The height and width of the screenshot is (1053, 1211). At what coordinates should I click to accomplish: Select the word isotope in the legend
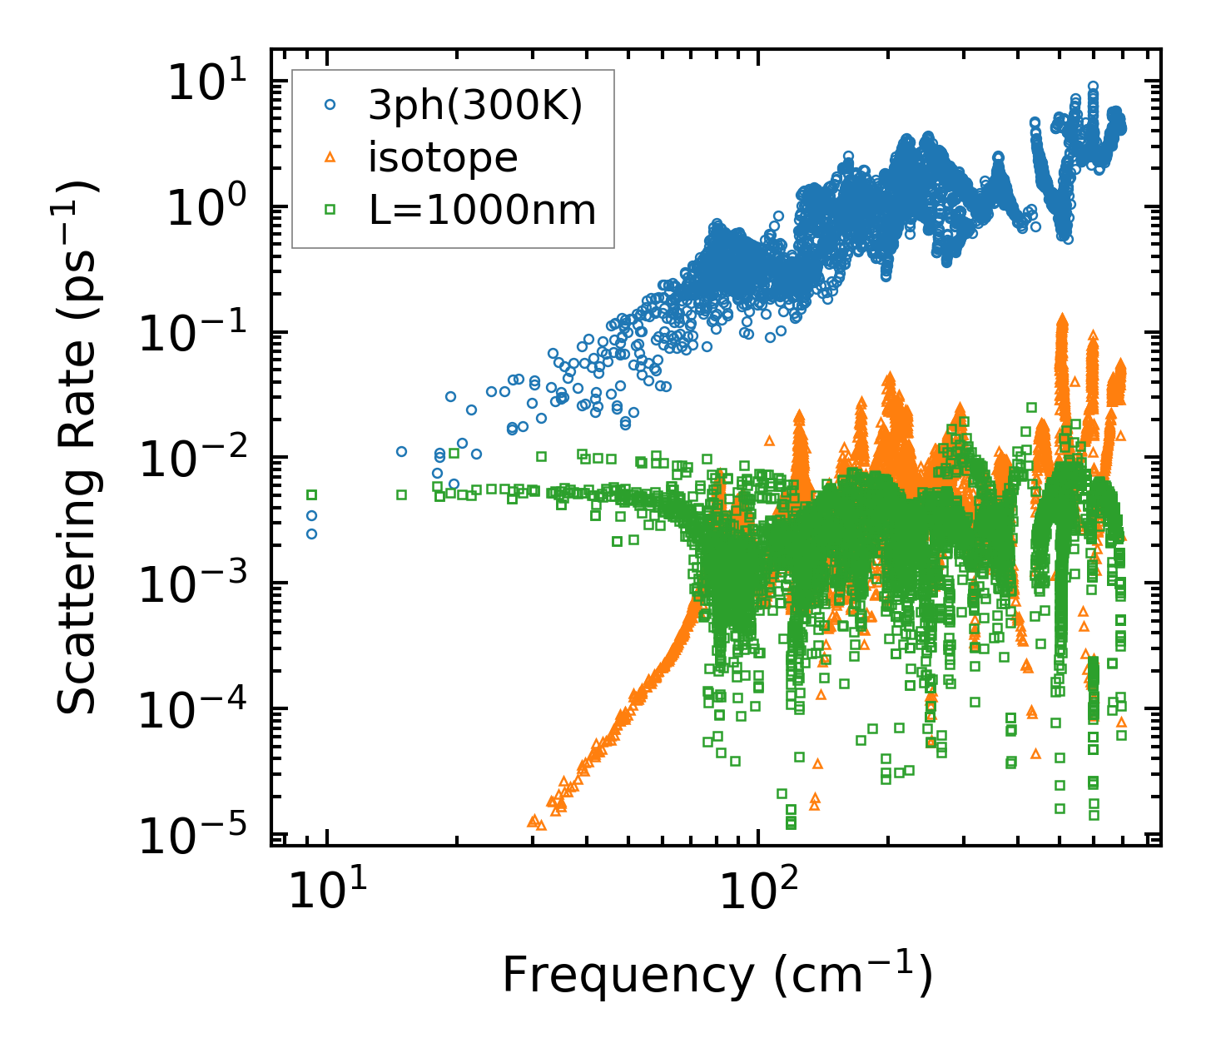[443, 157]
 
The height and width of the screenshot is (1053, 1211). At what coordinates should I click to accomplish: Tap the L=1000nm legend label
[483, 211]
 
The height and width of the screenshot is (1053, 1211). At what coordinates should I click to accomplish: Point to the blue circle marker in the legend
[330, 106]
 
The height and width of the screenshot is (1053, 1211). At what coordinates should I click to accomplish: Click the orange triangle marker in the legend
[330, 157]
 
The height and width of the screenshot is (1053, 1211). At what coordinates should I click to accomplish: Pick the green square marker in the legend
[330, 210]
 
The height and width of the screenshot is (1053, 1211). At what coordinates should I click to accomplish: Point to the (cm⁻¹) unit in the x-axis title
[851, 974]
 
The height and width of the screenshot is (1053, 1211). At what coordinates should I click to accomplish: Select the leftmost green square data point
[311, 494]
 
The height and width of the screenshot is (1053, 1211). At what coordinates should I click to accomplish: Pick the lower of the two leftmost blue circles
[311, 534]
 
